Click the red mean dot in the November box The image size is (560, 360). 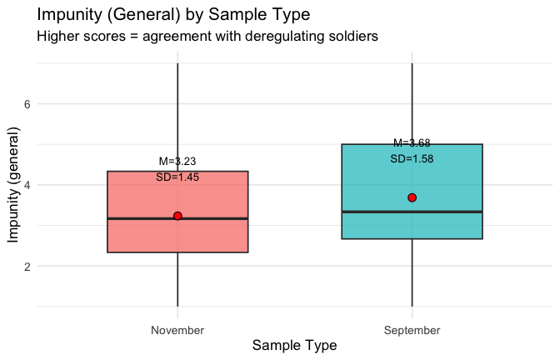pyautogui.click(x=177, y=216)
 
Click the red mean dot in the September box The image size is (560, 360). pyautogui.click(x=412, y=197)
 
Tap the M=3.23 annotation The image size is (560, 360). pyautogui.click(x=177, y=162)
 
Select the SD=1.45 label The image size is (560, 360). pyautogui.click(x=177, y=177)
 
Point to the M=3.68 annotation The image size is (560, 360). pyautogui.click(x=412, y=143)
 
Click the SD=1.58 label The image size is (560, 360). pyautogui.click(x=412, y=158)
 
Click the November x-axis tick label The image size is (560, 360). pyautogui.click(x=177, y=331)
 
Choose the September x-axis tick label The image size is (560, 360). pyautogui.click(x=412, y=331)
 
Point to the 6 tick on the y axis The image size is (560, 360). pyautogui.click(x=27, y=104)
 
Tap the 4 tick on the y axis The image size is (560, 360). pyautogui.click(x=27, y=185)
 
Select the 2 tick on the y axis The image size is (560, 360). pyautogui.click(x=27, y=267)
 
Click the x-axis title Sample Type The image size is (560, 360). pyautogui.click(x=294, y=345)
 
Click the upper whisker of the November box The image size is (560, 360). pyautogui.click(x=177, y=117)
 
